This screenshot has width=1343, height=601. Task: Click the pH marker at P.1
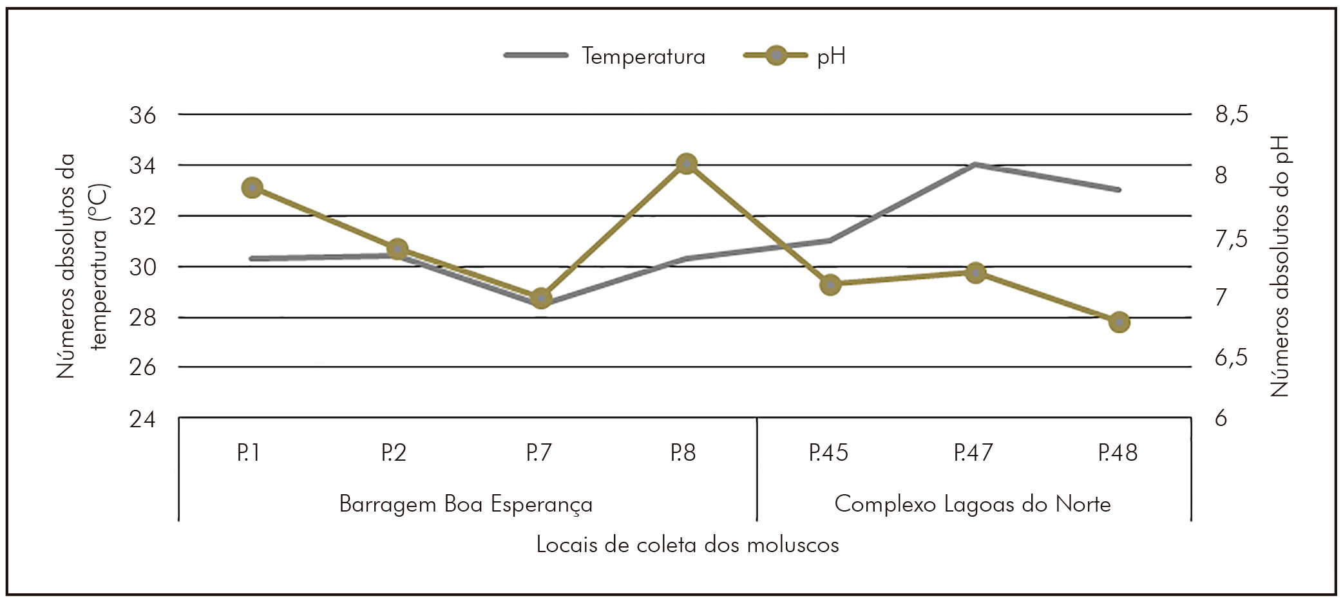[x=252, y=188]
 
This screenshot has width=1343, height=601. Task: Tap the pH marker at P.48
[x=1119, y=322]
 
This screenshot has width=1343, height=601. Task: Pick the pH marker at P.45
[x=831, y=284]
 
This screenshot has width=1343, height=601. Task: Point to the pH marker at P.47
[x=975, y=272]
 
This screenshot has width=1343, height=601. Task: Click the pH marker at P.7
[x=541, y=299]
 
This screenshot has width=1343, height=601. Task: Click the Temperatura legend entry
[x=643, y=56]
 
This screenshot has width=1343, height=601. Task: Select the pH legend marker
[x=776, y=56]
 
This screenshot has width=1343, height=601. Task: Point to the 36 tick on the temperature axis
[x=142, y=115]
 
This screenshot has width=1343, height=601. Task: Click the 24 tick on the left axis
[x=142, y=419]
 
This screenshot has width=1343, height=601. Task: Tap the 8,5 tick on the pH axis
[x=1231, y=115]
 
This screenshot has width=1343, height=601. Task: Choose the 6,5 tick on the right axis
[x=1231, y=357]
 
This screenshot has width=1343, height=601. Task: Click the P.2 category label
[x=394, y=453]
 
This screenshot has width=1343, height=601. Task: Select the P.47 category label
[x=973, y=453]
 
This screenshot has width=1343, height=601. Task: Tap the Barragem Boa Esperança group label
[x=466, y=504]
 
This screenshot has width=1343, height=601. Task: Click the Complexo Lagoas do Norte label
[x=973, y=504]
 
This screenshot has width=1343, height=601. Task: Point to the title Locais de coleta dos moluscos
[x=687, y=545]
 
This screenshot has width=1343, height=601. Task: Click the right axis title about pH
[x=1280, y=266]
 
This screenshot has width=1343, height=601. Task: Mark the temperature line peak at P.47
[x=975, y=164]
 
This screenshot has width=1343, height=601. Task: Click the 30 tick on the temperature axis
[x=142, y=266]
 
